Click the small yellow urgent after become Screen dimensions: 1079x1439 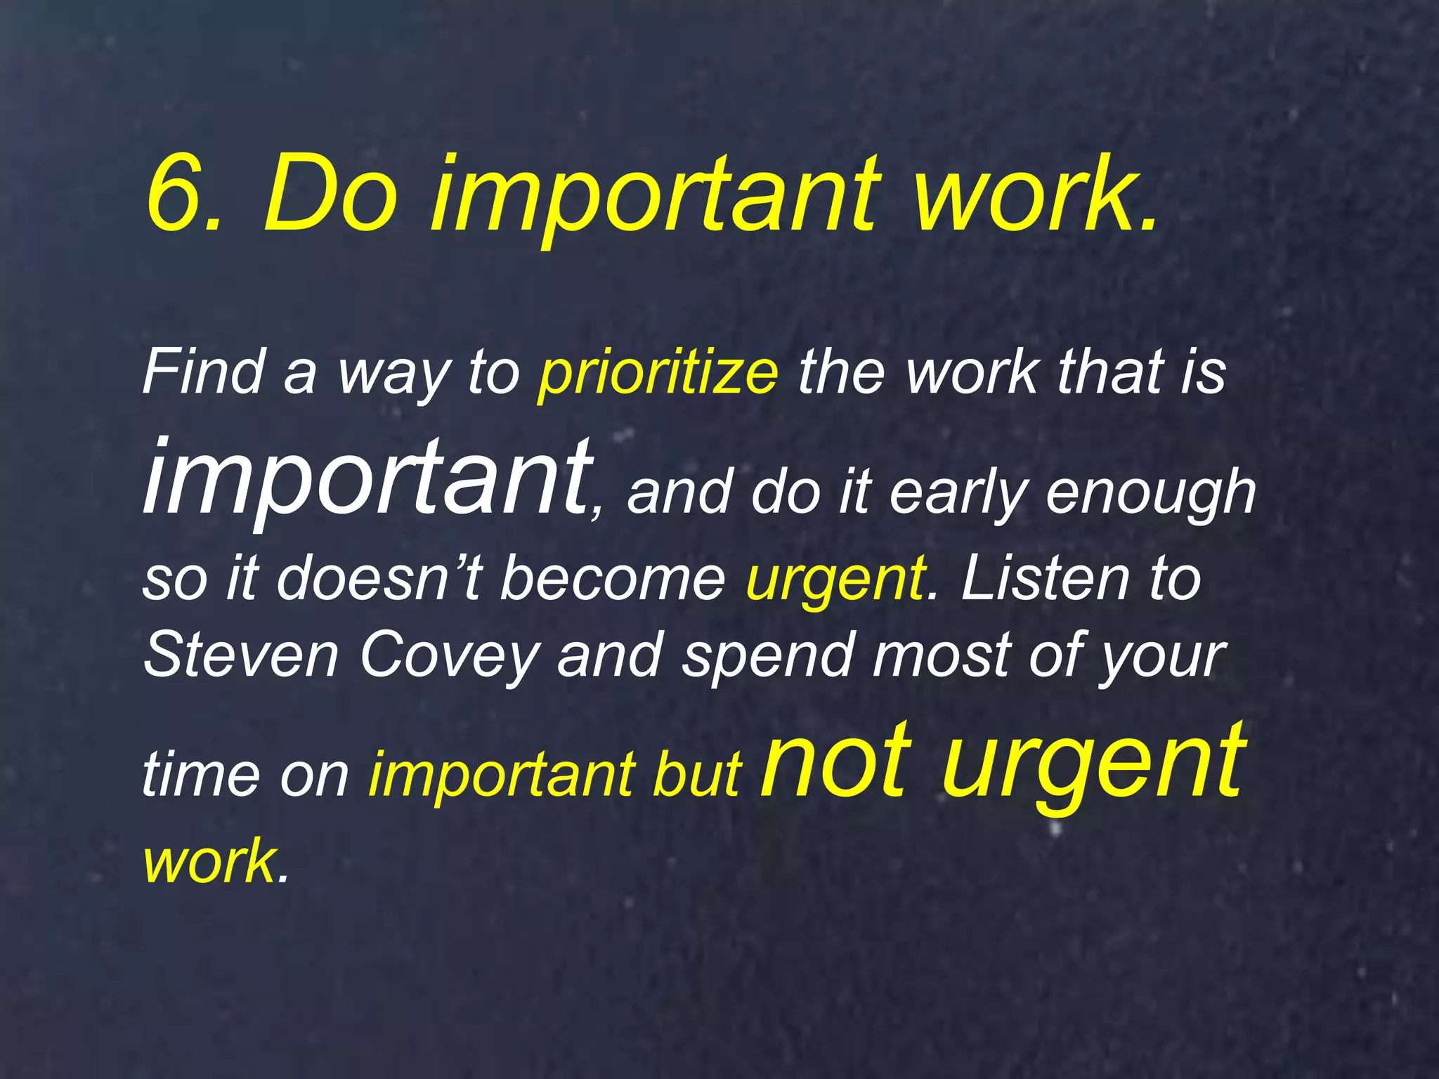pyautogui.click(x=835, y=580)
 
